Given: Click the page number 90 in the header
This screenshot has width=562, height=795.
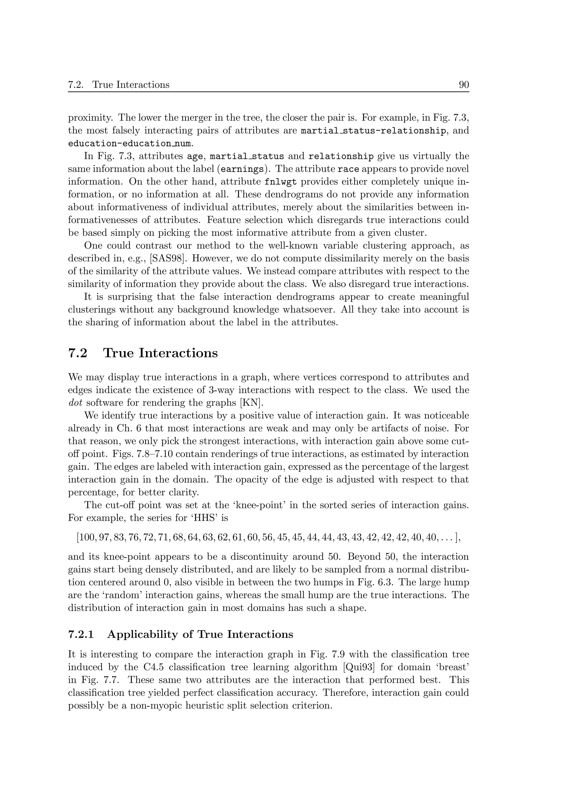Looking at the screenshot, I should (463, 85).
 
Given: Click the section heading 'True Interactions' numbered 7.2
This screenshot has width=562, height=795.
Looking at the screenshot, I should (161, 353).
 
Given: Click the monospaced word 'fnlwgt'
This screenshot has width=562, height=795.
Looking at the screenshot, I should (280, 182).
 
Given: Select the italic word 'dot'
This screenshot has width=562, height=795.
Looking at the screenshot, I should (75, 403).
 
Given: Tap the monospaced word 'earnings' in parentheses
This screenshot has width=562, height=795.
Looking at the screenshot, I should (242, 169).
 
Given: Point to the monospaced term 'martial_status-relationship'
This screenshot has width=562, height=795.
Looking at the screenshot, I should (373, 131).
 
